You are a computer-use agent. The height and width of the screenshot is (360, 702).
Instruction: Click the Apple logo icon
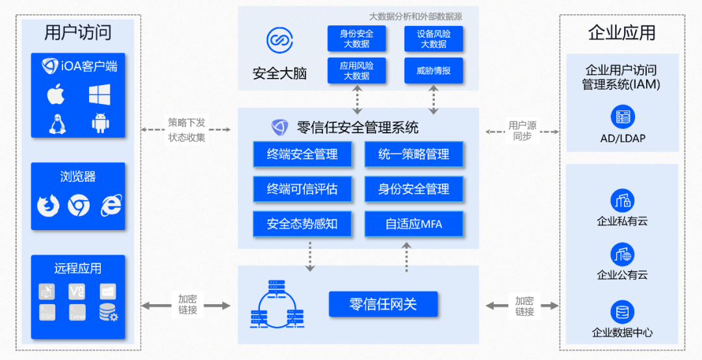pos(56,95)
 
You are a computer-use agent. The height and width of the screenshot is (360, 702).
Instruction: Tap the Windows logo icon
pos(100,95)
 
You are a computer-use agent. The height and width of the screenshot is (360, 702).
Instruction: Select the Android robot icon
pos(100,123)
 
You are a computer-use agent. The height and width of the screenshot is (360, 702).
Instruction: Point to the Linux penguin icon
pos(57,123)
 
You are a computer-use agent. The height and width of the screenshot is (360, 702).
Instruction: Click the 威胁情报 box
pos(434,71)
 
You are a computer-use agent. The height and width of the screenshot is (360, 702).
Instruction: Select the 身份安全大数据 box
pos(356,38)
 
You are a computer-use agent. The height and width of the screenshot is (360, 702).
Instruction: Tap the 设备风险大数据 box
pos(434,38)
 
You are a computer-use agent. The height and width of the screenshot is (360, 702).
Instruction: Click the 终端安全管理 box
pos(302,155)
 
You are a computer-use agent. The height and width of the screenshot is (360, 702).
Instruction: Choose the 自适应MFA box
pos(414,224)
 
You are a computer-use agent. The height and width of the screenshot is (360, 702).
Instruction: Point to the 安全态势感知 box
pos(302,224)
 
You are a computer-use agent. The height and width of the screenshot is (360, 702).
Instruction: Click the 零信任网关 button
pos(383,304)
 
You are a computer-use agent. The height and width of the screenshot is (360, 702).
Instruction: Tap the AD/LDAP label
pos(623,138)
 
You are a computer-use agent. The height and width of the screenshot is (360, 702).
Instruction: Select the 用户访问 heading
pos(78,32)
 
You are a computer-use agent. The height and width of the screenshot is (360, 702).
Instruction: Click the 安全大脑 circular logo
pos(279,40)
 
